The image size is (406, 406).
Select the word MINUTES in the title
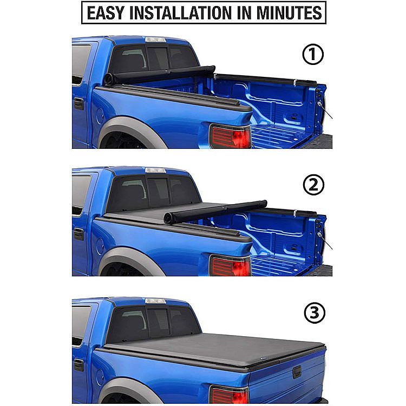tap(289, 12)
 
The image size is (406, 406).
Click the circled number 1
tap(313, 54)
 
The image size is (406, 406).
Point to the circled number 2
tap(313, 185)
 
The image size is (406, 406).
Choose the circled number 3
tap(315, 312)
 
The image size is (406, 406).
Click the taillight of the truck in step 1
tap(231, 136)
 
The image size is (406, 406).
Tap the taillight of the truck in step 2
tap(231, 266)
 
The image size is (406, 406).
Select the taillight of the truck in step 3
tap(230, 395)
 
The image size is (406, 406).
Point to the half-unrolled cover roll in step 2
tap(215, 209)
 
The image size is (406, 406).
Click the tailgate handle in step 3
tap(297, 372)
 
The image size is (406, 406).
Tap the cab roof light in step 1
tap(155, 40)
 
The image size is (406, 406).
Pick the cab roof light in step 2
tap(155, 170)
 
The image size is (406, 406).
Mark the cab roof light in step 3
tap(155, 301)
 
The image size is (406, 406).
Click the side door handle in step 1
tap(78, 103)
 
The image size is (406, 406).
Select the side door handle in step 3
tap(78, 365)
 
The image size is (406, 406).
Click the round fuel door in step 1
tap(100, 116)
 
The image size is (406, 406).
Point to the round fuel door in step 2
tap(100, 246)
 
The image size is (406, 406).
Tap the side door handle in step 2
tap(78, 234)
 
